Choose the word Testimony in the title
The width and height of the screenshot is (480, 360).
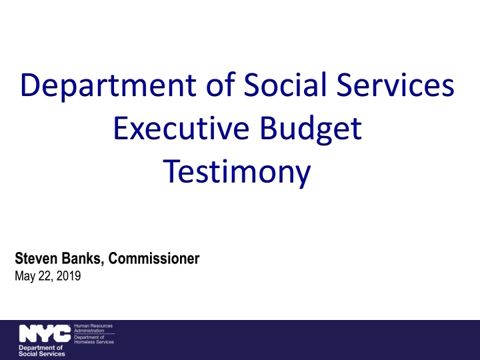click(x=237, y=172)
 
